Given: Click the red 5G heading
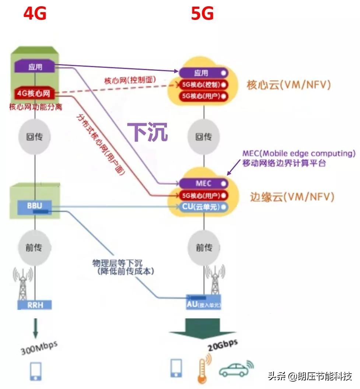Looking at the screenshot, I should click(x=202, y=14).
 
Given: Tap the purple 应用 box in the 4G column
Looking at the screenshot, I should click(x=35, y=67).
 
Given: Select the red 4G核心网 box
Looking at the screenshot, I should click(x=35, y=94).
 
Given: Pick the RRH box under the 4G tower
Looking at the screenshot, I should click(x=35, y=305).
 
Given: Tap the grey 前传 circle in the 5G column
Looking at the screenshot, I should click(x=204, y=247).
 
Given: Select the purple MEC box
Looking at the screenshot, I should click(x=203, y=183).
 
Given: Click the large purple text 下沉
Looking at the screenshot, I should click(x=147, y=132).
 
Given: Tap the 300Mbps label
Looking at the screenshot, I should click(x=38, y=348).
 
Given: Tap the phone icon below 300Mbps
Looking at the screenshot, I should click(x=36, y=371).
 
